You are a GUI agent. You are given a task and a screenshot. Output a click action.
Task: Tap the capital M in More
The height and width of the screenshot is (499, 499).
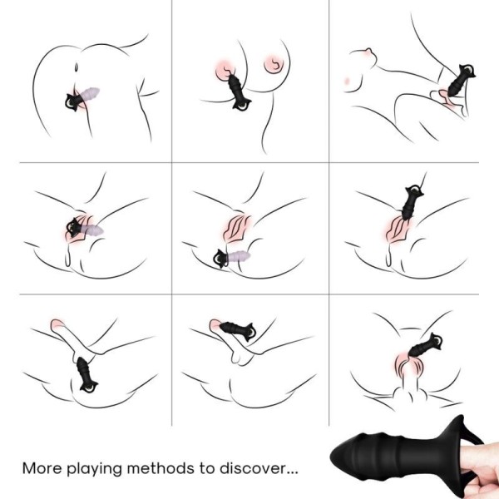[x=29, y=468]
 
